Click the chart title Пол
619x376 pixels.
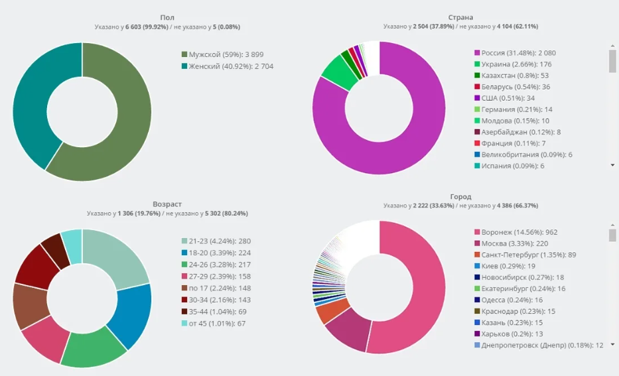pyautogui.click(x=167, y=17)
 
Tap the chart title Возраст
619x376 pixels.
pyautogui.click(x=167, y=204)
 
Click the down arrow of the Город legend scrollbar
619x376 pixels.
pyautogui.click(x=612, y=344)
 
